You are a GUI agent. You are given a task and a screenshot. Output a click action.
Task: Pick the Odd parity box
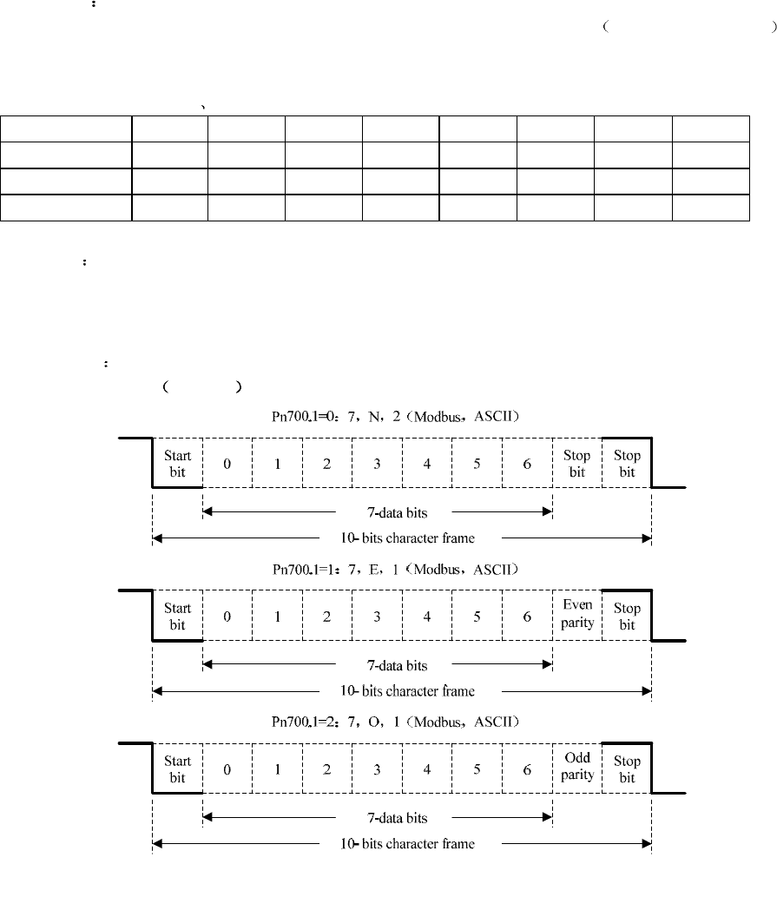[577, 768]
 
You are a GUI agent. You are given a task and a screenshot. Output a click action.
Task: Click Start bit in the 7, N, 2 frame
[177, 464]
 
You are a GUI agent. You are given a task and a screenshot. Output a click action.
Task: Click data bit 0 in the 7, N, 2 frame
[227, 464]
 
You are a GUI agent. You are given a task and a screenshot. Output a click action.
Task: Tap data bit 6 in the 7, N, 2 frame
[527, 464]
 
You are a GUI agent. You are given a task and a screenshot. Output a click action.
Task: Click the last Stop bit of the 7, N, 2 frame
[627, 464]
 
